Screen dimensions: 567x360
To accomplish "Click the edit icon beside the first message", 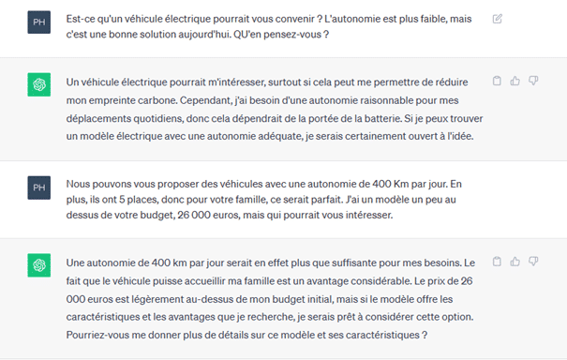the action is pyautogui.click(x=498, y=19).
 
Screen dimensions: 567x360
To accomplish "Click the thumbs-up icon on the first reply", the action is pyautogui.click(x=515, y=82).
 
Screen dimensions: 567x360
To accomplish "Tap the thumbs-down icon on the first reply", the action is pyautogui.click(x=532, y=82).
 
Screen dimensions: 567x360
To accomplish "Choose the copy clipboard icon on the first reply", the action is pyautogui.click(x=497, y=82).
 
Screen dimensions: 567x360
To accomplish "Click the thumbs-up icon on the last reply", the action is pyautogui.click(x=515, y=262).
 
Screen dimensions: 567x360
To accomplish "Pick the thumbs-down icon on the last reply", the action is pyautogui.click(x=532, y=262).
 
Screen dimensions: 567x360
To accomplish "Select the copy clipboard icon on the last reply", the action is pyautogui.click(x=497, y=262).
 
